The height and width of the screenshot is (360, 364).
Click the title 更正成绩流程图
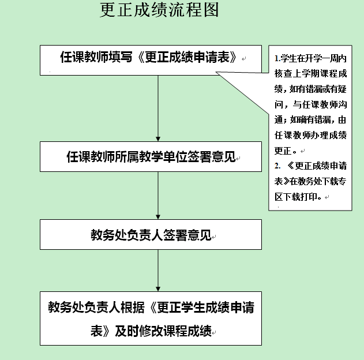point(159,10)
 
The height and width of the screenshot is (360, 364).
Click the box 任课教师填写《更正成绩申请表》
point(151,60)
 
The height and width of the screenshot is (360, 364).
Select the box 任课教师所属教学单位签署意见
point(151,157)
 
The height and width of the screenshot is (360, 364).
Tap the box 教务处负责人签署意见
point(151,234)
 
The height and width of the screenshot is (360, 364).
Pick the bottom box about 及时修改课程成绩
point(151,318)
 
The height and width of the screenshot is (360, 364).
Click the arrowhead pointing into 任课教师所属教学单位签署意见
point(158,139)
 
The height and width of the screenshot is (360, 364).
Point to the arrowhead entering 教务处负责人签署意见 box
point(158,217)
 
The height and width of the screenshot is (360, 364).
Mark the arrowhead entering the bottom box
point(158,289)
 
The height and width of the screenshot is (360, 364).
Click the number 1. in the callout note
point(277,58)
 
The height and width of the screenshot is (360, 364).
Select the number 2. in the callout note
point(277,166)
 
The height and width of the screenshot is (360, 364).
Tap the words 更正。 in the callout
point(286,151)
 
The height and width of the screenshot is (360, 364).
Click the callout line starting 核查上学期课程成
point(310,74)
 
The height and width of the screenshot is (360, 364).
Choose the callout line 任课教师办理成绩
point(310,135)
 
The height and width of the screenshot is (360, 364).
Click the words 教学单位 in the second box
point(163,157)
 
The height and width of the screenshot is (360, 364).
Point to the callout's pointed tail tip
point(216,72)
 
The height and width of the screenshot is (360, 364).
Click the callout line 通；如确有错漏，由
point(310,120)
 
